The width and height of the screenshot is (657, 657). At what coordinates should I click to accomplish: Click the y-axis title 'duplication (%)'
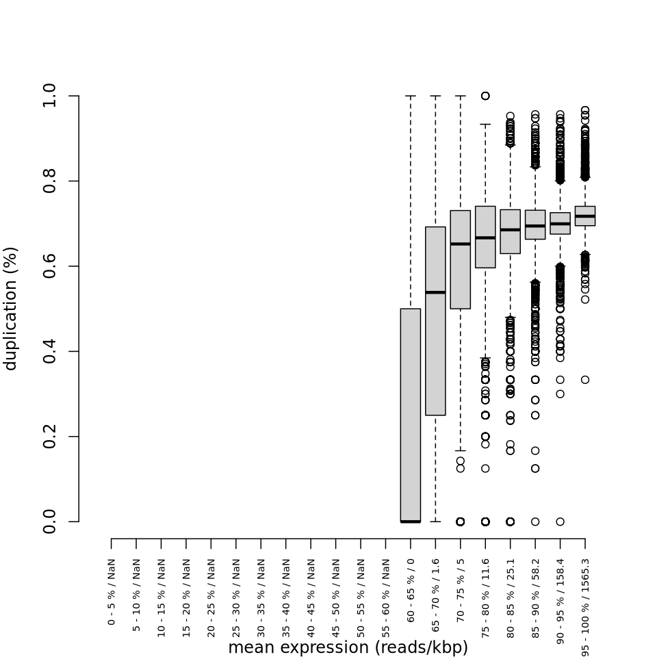coord(10,308)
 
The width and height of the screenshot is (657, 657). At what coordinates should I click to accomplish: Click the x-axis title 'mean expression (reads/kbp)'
coord(348,647)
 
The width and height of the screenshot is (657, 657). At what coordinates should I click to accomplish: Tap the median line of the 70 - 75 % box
coord(461,244)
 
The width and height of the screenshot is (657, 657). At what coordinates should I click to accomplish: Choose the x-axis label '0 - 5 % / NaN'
coord(112,592)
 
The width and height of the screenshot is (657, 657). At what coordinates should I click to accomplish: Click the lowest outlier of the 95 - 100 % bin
coord(585,380)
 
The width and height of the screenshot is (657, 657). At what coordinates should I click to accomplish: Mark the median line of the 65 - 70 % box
coord(435,292)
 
